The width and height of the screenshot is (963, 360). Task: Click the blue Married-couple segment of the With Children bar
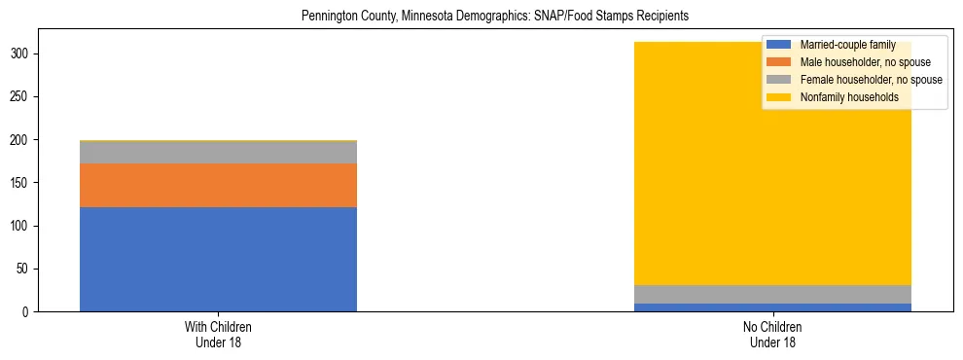(218, 259)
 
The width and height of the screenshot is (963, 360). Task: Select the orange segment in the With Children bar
(218, 185)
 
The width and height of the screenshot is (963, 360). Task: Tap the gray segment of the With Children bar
(218, 153)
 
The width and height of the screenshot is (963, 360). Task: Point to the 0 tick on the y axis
(29, 311)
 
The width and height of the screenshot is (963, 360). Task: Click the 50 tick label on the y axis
(26, 269)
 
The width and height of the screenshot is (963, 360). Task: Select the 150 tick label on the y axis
(23, 183)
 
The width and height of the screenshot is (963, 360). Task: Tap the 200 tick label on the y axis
(23, 140)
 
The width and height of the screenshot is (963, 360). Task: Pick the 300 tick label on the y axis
(23, 54)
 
